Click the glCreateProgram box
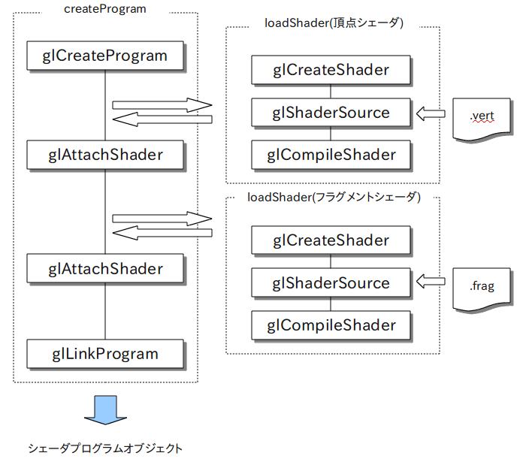click(105, 56)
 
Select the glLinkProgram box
click(105, 354)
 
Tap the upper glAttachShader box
click(105, 155)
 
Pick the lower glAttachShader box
click(105, 268)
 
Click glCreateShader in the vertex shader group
click(331, 70)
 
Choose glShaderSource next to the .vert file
click(331, 113)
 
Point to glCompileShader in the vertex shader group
click(331, 155)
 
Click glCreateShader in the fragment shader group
click(331, 240)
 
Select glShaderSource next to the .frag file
click(331, 282)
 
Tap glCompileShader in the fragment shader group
click(331, 325)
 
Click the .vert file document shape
click(482, 119)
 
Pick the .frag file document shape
click(482, 289)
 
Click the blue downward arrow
click(105, 410)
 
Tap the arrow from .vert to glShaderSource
click(431, 113)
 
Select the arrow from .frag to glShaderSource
click(431, 281)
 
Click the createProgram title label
click(105, 9)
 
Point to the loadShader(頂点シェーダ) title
click(334, 23)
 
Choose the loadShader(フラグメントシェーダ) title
click(334, 197)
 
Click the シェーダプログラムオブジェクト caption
click(105, 448)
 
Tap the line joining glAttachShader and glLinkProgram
click(105, 311)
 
